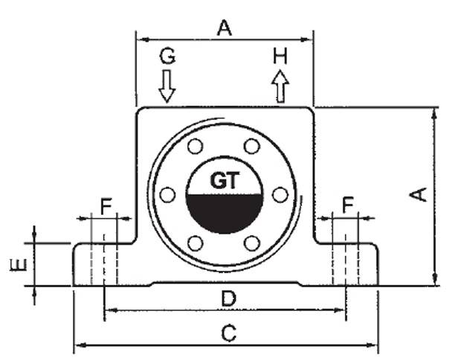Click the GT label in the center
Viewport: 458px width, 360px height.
click(224, 180)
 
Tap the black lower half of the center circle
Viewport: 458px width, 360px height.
click(224, 211)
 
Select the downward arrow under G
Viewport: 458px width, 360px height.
click(167, 85)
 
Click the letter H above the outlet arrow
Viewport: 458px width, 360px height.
click(280, 55)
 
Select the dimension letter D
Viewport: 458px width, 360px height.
click(229, 298)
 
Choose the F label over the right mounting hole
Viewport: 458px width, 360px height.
click(346, 205)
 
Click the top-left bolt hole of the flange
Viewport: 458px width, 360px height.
click(196, 145)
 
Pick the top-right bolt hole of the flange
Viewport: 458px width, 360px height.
click(252, 145)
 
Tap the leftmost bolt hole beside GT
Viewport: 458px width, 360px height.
click(168, 194)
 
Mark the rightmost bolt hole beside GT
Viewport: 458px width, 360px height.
click(280, 194)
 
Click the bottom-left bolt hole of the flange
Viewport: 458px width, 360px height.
click(196, 243)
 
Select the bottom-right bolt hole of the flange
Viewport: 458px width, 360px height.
click(252, 243)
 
